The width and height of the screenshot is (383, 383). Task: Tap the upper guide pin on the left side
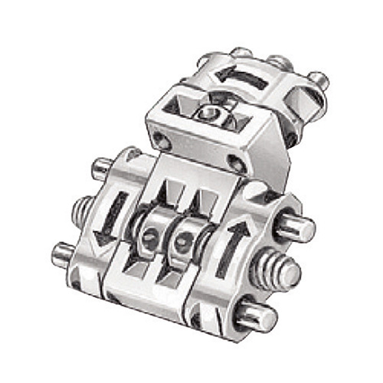102,165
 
